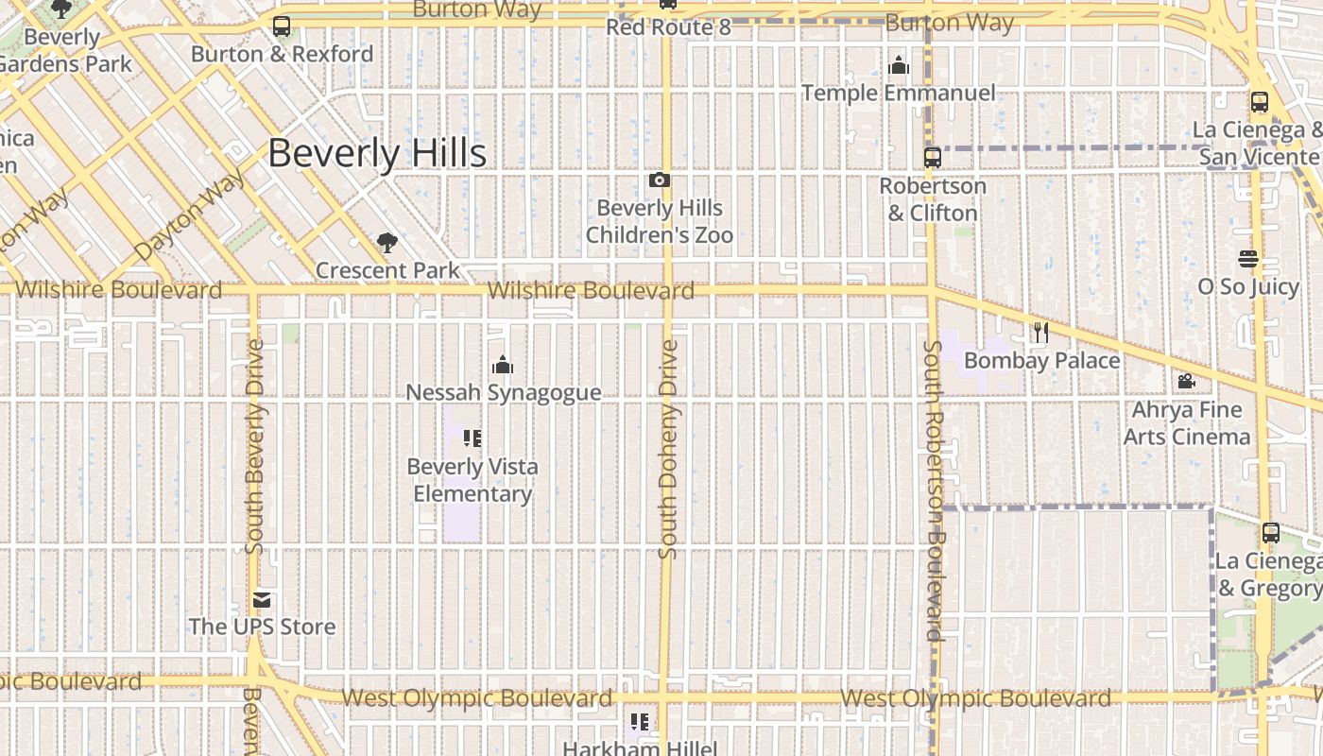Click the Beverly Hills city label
click(377, 153)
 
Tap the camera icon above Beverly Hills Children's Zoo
click(660, 180)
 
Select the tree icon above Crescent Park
click(387, 243)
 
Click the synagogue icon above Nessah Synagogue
click(503, 365)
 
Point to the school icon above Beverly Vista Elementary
click(472, 438)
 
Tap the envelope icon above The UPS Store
click(262, 600)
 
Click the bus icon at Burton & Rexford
click(282, 26)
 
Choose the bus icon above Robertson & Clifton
click(933, 158)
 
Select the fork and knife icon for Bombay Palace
click(1041, 333)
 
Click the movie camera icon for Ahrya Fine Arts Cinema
click(1186, 382)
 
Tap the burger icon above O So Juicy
click(1248, 259)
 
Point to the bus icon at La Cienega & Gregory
click(1271, 533)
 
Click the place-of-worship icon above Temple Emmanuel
click(899, 65)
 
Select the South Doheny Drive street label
click(669, 449)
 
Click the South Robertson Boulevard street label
click(934, 491)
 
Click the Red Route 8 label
click(668, 26)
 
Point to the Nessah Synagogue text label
click(503, 392)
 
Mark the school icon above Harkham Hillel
click(640, 723)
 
